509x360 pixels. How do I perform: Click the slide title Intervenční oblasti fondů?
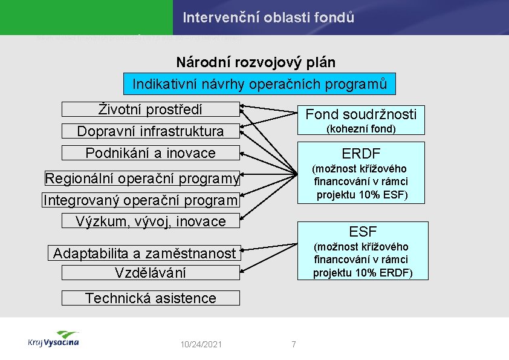click(268, 18)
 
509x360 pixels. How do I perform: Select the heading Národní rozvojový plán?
click(256, 62)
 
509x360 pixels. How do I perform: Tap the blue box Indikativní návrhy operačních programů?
click(259, 83)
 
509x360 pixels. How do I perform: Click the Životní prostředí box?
click(151, 109)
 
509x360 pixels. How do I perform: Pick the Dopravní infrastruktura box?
click(151, 131)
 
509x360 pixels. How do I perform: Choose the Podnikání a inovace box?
click(151, 153)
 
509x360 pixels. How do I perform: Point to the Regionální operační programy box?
click(142, 178)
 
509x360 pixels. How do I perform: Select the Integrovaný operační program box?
click(141, 200)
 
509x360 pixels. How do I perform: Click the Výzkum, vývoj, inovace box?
click(151, 221)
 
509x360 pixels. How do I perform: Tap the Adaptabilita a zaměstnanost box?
click(144, 254)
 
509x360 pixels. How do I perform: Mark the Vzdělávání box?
click(151, 273)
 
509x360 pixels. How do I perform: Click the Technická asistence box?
click(151, 298)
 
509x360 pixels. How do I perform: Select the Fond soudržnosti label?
click(361, 114)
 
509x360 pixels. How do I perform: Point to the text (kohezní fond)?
click(361, 129)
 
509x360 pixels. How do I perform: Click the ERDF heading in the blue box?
click(361, 152)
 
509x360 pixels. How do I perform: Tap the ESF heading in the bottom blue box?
click(362, 231)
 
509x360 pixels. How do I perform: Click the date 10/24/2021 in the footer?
click(201, 344)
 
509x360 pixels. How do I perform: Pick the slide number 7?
click(294, 344)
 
